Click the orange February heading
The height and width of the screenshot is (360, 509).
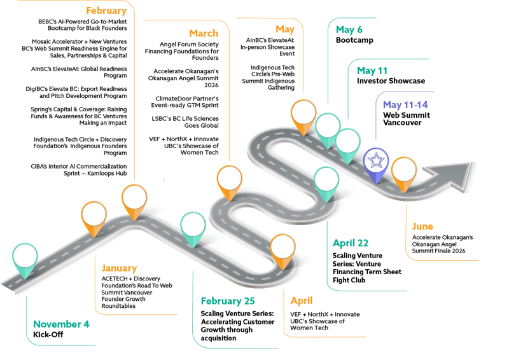point(106,11)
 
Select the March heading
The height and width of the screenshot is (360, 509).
point(204,33)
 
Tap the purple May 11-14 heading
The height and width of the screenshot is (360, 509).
point(406,105)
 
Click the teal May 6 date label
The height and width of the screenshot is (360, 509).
point(349,28)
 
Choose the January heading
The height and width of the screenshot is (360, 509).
point(118,268)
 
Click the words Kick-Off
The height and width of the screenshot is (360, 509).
point(50,335)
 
